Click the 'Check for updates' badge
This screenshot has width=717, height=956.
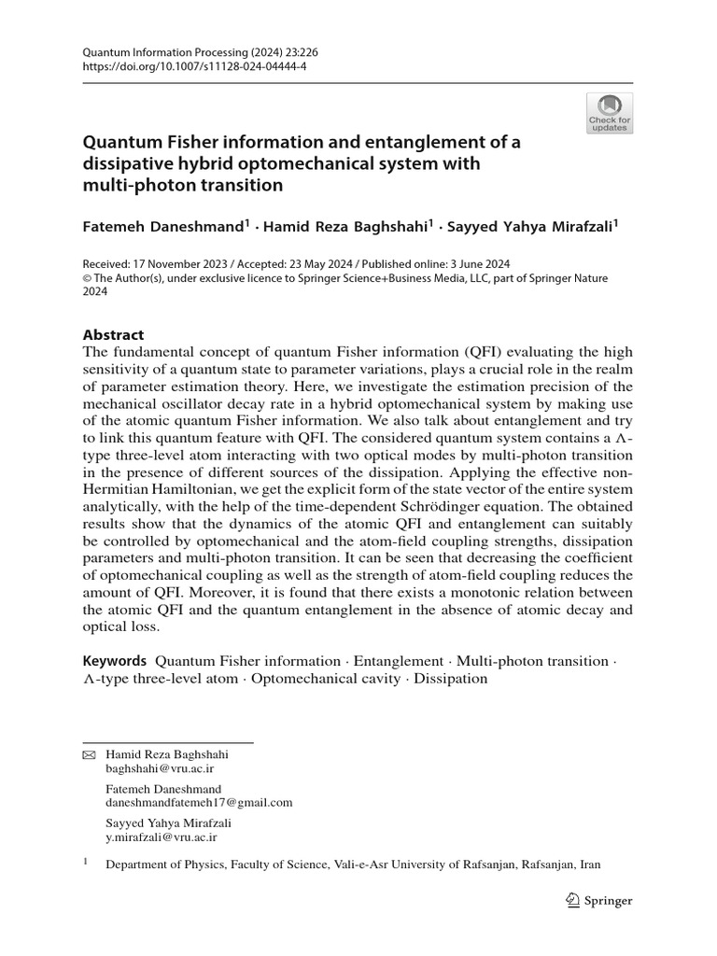click(609, 113)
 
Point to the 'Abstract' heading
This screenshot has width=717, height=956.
click(114, 334)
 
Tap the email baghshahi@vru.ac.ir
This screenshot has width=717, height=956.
click(161, 767)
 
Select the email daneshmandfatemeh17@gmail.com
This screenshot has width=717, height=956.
click(199, 802)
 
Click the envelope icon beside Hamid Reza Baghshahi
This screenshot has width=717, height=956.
click(90, 754)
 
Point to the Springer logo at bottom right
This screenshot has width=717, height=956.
click(599, 901)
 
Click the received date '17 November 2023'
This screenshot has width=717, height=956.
click(175, 264)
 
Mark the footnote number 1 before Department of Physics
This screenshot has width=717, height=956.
click(87, 863)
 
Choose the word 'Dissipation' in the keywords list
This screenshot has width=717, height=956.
click(452, 679)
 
